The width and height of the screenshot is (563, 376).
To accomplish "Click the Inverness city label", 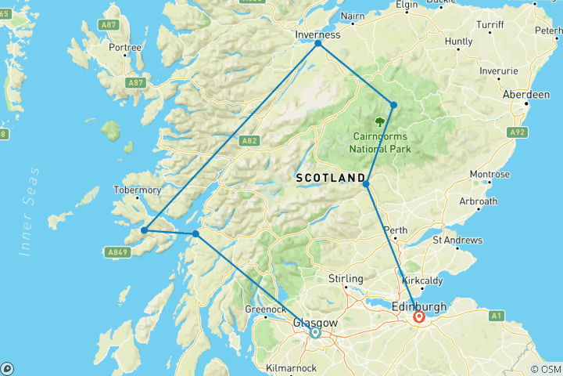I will pos(318,35).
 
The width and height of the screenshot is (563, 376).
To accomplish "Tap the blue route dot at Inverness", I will pos(318,44).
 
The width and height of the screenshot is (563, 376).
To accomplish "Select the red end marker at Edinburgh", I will pos(419,317).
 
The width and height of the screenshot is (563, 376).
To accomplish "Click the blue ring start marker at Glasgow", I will pos(315,333).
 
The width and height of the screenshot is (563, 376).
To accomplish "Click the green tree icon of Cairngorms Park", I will pos(380,121).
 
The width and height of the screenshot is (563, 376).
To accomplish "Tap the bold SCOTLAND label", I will pos(331,179).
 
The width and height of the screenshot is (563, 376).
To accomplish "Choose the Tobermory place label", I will pos(138,190).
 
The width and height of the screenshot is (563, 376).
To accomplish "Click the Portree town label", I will pos(126,48).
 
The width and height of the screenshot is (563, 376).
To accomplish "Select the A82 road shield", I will pos(249,141).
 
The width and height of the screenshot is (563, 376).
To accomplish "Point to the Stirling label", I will pos(346,279).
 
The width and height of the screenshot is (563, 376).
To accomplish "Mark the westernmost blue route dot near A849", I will pos(145,230).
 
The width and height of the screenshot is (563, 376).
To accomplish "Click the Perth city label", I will pos(396,230).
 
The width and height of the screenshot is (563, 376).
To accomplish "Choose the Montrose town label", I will pos(489,174).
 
